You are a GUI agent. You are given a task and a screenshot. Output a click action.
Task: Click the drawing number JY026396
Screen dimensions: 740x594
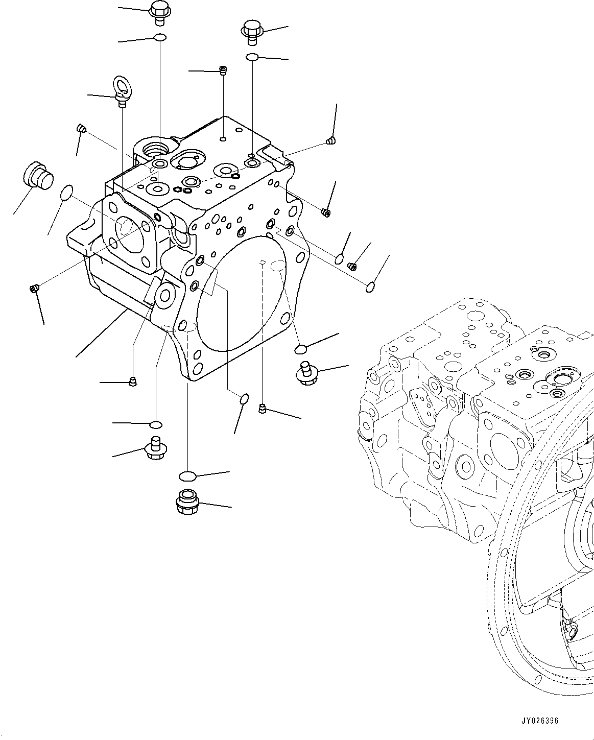coord(540,721)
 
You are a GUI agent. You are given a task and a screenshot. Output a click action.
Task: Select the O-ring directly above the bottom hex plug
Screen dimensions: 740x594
coord(187,476)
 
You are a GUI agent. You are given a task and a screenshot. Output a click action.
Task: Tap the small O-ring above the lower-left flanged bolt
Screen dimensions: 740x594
coord(156,424)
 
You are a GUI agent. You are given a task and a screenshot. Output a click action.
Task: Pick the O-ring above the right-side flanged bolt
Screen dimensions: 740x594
coord(301,349)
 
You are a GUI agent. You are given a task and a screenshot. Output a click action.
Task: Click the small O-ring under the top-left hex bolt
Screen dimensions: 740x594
coord(160,37)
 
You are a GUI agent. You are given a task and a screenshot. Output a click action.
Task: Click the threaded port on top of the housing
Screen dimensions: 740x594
coord(154,150)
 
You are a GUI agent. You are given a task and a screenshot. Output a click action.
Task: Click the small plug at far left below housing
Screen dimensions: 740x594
coord(34,290)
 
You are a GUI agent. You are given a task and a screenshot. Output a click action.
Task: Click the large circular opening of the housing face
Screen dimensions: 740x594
coord(240,296)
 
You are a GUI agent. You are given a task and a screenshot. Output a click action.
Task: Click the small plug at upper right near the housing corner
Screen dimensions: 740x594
coord(329,141)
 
